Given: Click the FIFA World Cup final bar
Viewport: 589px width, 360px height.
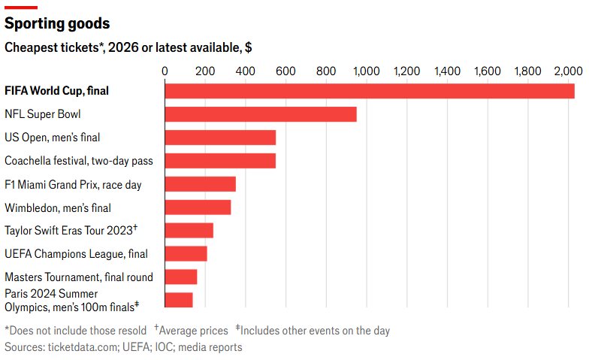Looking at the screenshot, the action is [370, 91].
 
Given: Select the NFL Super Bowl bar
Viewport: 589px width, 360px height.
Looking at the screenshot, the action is [261, 114].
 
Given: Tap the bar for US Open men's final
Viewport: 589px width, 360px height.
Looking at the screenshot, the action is [221, 138].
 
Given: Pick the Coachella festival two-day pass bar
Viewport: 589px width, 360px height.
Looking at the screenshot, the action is [221, 161].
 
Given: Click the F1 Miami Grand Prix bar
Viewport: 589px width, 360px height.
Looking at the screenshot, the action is [200, 184].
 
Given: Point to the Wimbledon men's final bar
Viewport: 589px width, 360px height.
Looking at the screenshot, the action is [198, 207].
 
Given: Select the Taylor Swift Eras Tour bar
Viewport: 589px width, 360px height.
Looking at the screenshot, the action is [189, 230].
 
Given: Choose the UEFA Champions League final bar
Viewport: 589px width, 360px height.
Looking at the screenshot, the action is [186, 254].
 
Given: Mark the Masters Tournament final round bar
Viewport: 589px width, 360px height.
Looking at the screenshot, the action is [181, 277].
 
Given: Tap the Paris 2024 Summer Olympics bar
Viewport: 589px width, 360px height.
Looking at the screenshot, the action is [179, 300].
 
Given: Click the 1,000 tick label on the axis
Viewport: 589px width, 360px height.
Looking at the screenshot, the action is [367, 71].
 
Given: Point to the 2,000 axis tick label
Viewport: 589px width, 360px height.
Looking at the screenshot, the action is [568, 71].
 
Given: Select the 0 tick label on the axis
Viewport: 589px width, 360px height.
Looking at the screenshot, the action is [165, 71].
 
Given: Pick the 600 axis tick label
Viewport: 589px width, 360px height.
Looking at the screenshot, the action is [285, 71].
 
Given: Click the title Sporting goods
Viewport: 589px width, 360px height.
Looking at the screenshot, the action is [57, 23].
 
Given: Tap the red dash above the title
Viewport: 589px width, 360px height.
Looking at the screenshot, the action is [21, 8].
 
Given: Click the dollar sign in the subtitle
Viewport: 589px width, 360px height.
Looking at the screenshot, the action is [248, 48].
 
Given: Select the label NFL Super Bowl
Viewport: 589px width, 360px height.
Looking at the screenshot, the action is [42, 114].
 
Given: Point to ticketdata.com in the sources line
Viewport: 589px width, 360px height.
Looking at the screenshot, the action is [83, 347].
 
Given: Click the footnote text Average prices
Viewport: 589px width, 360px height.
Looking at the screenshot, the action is [194, 331].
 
